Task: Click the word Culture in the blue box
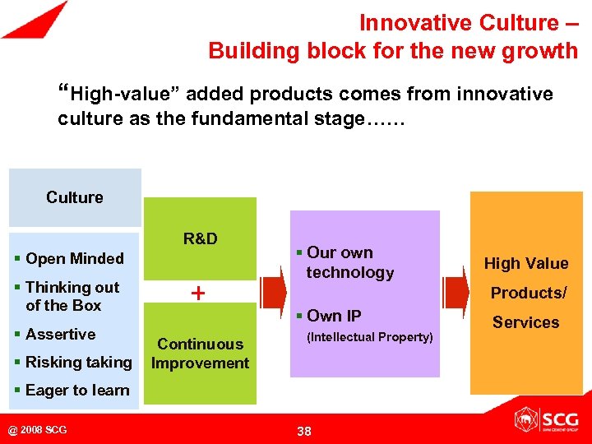click(x=75, y=197)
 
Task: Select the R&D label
click(x=200, y=239)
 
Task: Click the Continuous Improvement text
click(x=200, y=354)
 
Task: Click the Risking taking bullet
click(x=73, y=363)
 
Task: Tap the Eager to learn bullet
click(x=72, y=391)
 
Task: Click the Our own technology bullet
click(x=345, y=262)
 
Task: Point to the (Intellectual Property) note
click(x=369, y=337)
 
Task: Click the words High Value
click(x=525, y=264)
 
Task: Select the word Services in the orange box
click(x=525, y=323)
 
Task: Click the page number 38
click(x=303, y=431)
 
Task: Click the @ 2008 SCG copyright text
click(x=38, y=430)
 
